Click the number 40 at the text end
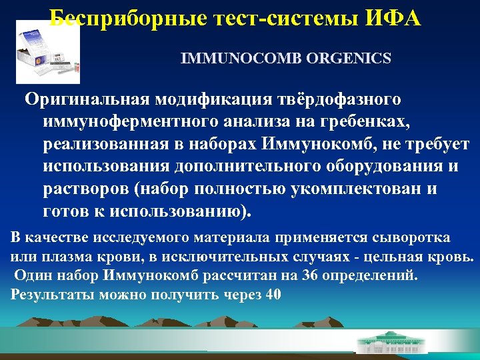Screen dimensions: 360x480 [273, 294]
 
